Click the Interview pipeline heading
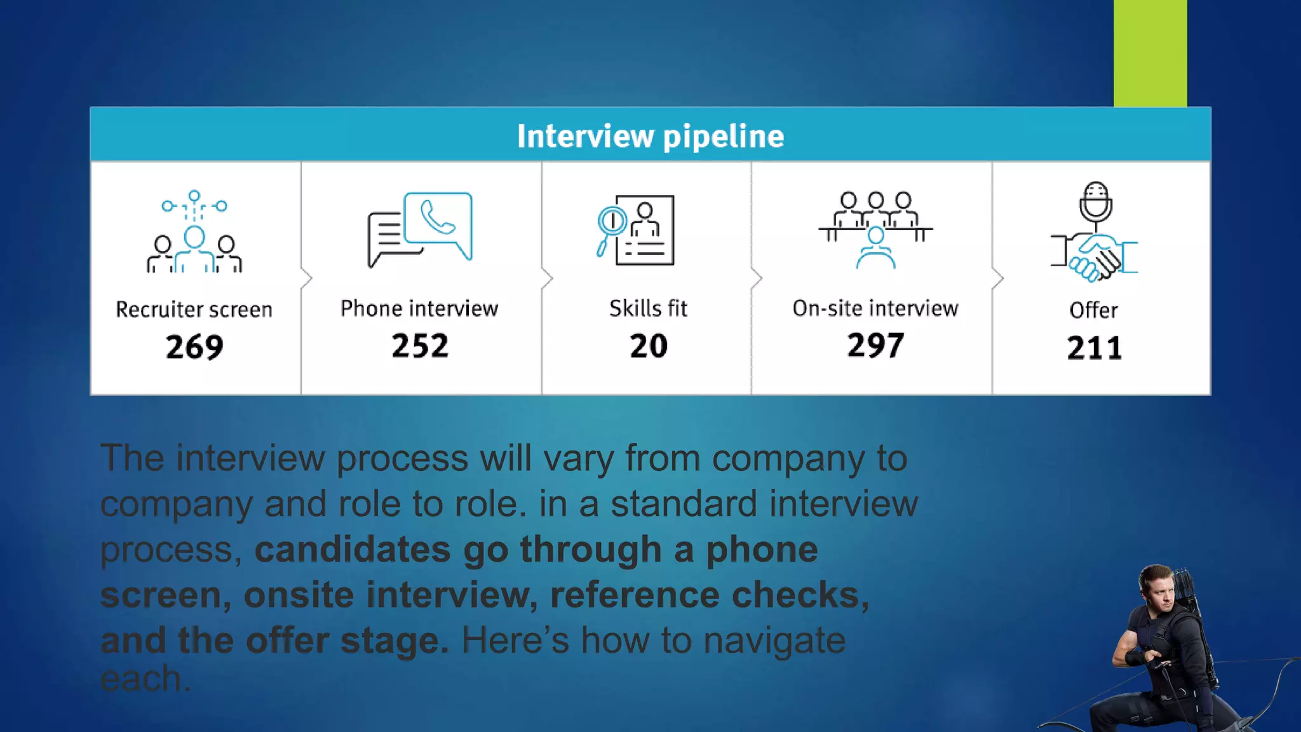coord(650,136)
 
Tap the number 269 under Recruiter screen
coord(194,347)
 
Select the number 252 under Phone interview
coord(420,346)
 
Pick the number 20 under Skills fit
coord(649,346)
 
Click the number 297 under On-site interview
coord(875,346)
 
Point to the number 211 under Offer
coord(1094,348)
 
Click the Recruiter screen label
coord(194,309)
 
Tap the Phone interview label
coord(419,308)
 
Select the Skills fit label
coord(648,308)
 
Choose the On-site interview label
coord(875,308)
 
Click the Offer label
coord(1093,310)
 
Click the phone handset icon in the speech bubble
coord(438,218)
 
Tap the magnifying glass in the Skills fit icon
coord(611,224)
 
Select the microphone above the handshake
coord(1096,201)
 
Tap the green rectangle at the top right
coord(1150,53)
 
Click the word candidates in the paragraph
coord(353,549)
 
